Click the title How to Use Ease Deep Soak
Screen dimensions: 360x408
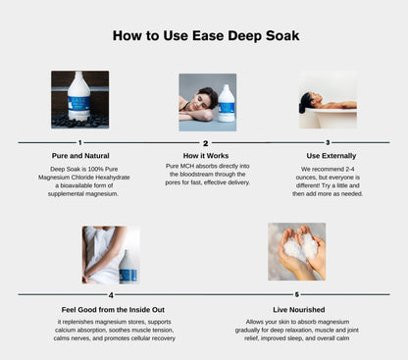pyautogui.click(x=206, y=36)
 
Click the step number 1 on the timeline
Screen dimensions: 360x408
pyautogui.click(x=79, y=143)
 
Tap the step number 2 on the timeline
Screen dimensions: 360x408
pyautogui.click(x=205, y=143)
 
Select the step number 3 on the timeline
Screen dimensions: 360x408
pyautogui.click(x=328, y=143)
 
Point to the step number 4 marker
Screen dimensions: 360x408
pyautogui.click(x=111, y=294)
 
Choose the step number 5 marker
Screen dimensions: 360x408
pyautogui.click(x=297, y=294)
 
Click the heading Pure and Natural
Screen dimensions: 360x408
pyautogui.click(x=79, y=155)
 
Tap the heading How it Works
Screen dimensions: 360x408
pyautogui.click(x=206, y=155)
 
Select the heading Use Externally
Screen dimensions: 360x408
pyautogui.click(x=328, y=155)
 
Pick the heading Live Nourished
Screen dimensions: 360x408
pyautogui.click(x=297, y=307)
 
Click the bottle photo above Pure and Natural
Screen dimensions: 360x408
pyautogui.click(x=79, y=99)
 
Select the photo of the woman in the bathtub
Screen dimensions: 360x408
pyautogui.click(x=328, y=99)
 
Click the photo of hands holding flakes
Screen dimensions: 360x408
pyautogui.click(x=297, y=252)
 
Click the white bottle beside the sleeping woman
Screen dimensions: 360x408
pyautogui.click(x=227, y=103)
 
